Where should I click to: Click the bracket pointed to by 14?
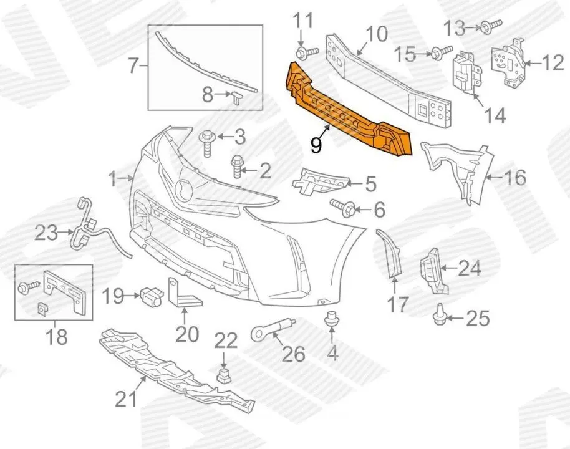pyautogui.click(x=465, y=74)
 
